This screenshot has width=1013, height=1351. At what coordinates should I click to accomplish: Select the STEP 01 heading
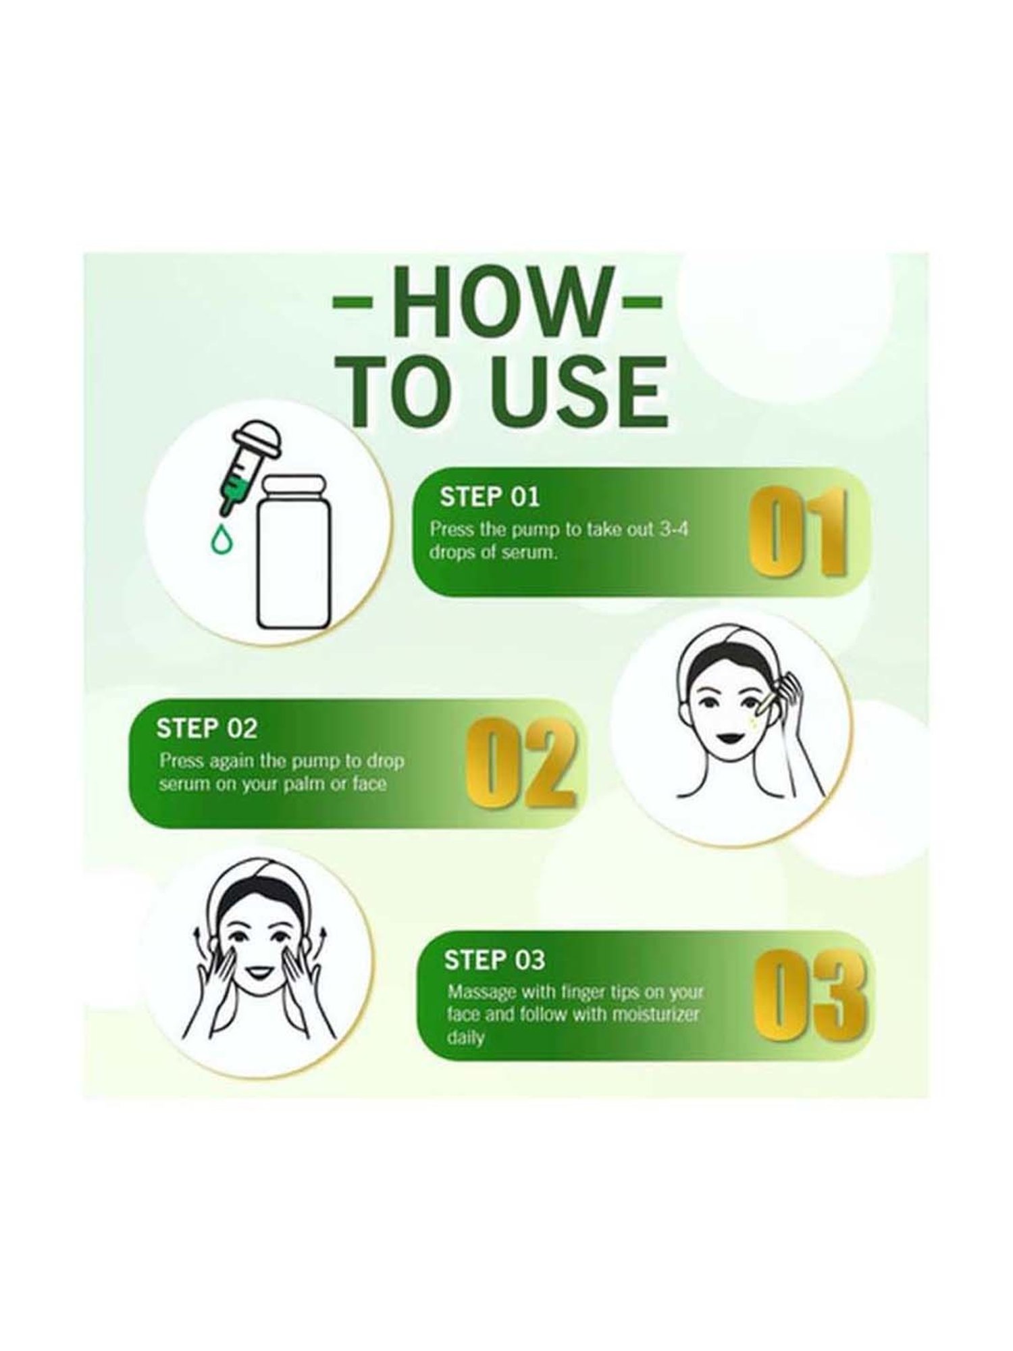(x=490, y=497)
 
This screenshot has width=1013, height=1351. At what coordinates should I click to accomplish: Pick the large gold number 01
(x=796, y=533)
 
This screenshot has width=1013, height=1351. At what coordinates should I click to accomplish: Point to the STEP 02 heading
(x=207, y=729)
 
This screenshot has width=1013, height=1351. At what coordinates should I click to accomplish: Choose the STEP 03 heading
(x=494, y=961)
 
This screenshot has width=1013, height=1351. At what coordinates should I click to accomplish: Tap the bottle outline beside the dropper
(x=294, y=551)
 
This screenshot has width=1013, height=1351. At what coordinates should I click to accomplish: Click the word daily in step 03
(x=466, y=1036)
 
